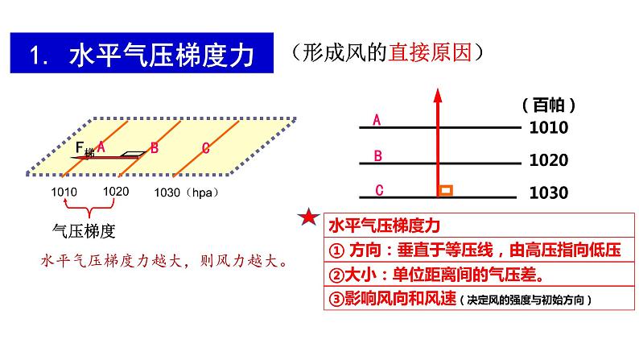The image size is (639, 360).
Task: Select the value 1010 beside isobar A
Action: tap(549, 127)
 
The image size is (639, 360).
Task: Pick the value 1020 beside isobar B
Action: tap(549, 160)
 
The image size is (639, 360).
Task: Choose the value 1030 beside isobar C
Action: tap(549, 193)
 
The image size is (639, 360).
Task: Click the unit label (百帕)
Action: tap(547, 105)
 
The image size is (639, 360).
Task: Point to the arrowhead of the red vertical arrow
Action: tap(438, 95)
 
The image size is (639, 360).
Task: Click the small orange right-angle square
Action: tap(445, 191)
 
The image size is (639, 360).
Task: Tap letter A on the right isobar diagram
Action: tap(376, 121)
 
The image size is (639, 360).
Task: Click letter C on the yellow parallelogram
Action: tap(206, 147)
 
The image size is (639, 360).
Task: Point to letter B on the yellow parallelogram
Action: tap(155, 147)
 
